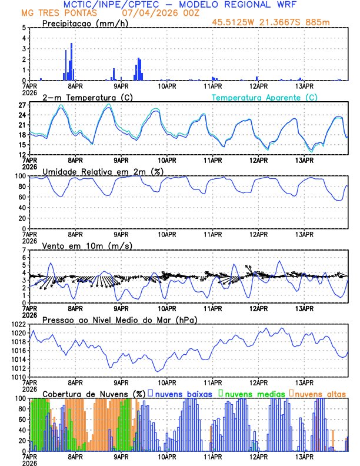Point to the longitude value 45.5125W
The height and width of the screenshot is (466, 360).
tap(234, 22)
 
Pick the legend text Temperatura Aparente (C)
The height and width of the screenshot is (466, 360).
tap(265, 97)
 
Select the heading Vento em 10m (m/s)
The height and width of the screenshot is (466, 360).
tap(87, 245)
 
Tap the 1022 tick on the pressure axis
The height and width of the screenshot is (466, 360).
tap(16, 325)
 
